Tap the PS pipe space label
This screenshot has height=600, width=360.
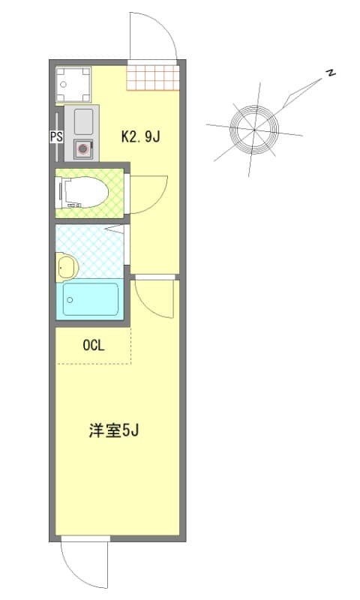click(x=55, y=137)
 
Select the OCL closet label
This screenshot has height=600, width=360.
click(x=93, y=346)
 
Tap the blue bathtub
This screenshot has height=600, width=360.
click(x=90, y=300)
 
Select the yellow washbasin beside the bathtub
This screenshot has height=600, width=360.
click(x=65, y=265)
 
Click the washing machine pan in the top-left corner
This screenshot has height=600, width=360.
click(x=73, y=85)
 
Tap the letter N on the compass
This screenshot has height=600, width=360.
click(x=330, y=73)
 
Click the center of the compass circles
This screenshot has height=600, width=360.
click(x=253, y=129)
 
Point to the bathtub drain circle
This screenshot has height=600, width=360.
click(x=69, y=298)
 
